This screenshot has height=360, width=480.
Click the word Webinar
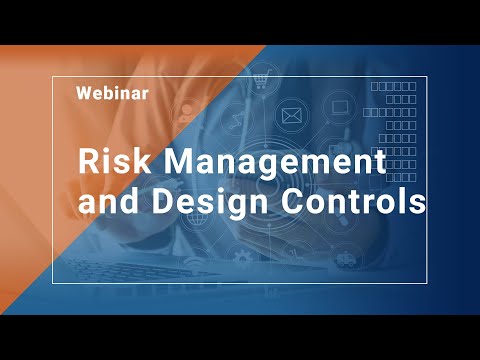113,94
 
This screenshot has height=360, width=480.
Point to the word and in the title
112,201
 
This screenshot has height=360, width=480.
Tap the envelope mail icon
292,117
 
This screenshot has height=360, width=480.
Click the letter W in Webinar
84,94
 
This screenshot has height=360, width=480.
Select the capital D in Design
164,201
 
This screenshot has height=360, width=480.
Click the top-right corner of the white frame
428,76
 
